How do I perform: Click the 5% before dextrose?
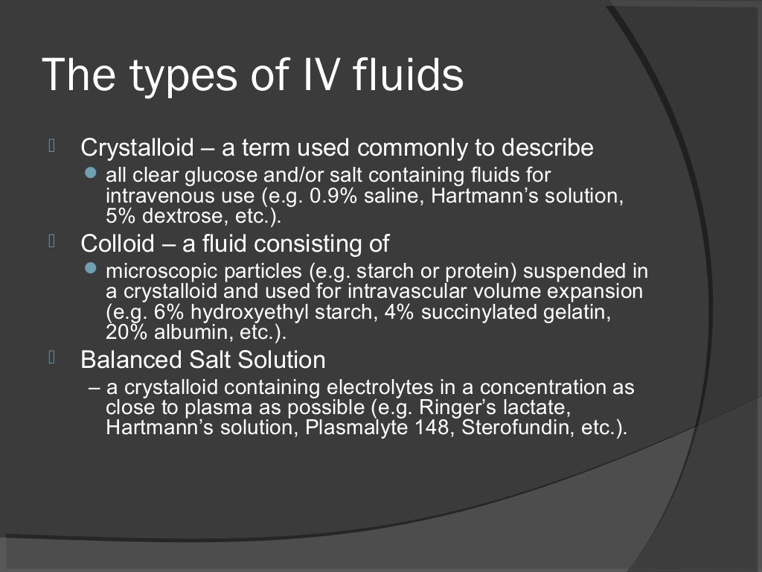(x=118, y=217)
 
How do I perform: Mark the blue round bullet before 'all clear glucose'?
(x=92, y=172)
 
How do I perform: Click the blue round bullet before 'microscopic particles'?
(x=92, y=267)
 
